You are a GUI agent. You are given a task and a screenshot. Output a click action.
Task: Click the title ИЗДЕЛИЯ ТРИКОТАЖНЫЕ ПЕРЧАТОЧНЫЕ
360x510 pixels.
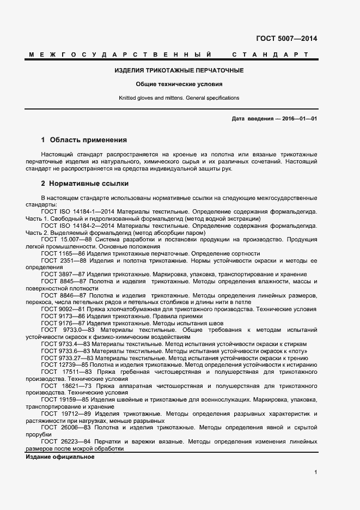point(179,71)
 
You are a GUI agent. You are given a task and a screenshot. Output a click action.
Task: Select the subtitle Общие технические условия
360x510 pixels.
point(179,84)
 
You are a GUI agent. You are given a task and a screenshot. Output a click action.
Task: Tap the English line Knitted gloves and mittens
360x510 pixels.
point(179,98)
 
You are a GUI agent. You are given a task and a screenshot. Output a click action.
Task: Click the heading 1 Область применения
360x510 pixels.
point(84,140)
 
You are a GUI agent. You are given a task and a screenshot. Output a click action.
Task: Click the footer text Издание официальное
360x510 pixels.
point(60,457)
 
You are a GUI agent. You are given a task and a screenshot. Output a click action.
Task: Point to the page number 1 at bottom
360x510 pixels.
point(316,473)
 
